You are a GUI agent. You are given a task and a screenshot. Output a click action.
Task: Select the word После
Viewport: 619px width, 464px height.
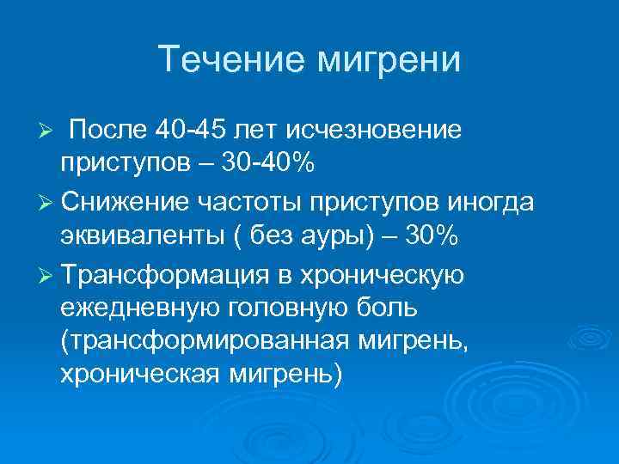[108, 130]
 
